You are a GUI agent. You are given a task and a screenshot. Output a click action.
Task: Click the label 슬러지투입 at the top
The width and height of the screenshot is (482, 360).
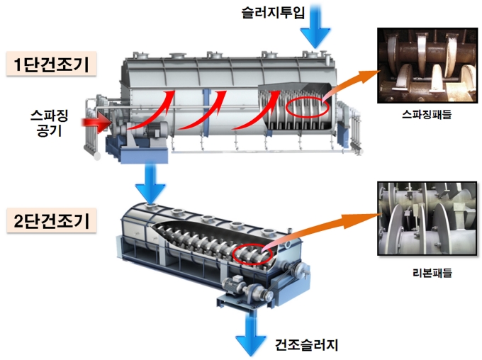point(273,13)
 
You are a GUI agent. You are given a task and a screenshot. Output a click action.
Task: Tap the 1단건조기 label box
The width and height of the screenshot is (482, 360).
point(51,64)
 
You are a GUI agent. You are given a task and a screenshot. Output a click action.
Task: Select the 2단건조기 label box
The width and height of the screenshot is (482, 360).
point(51,220)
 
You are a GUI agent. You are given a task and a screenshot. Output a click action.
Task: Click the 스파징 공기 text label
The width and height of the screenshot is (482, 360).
point(49,123)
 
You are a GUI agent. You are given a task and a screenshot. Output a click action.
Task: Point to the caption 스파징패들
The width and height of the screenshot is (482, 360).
point(427,115)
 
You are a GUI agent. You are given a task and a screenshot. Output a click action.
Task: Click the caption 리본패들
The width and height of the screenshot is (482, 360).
point(432,272)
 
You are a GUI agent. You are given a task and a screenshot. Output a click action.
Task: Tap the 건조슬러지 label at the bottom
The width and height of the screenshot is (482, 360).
point(306,345)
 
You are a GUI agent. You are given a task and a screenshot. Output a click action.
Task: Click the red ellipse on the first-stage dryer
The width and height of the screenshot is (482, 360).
point(308,107)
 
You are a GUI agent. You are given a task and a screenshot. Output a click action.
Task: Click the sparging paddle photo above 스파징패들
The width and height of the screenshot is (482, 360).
point(427,65)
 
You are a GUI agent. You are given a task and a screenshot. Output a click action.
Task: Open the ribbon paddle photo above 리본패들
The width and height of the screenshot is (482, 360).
point(427,218)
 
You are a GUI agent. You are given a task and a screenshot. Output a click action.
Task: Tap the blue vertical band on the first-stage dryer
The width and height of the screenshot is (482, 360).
point(206,112)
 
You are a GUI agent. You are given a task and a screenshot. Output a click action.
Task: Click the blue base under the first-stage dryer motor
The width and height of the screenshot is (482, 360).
point(138,151)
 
